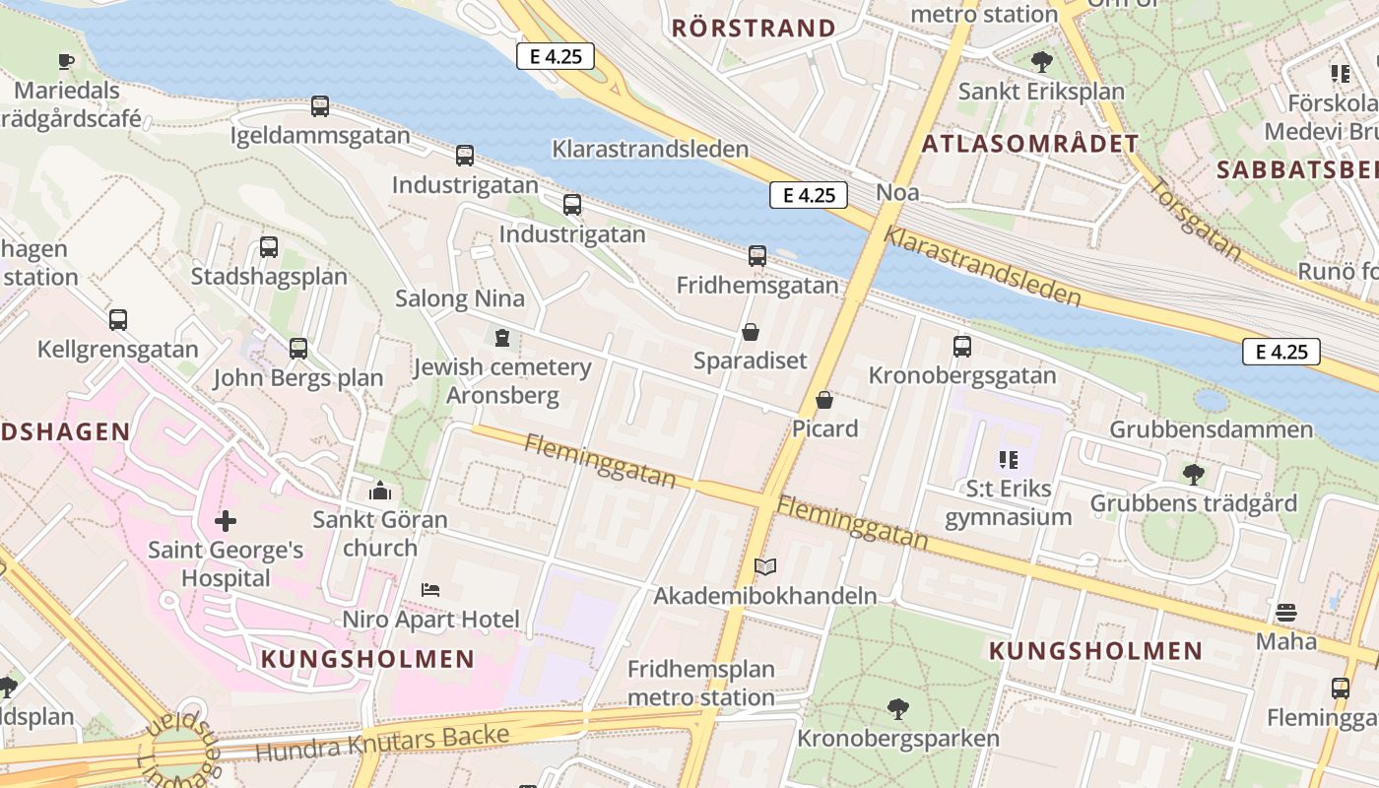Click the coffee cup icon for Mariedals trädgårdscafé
[66, 61]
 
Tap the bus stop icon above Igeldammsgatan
[320, 106]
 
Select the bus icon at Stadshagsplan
[269, 247]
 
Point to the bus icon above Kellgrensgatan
[118, 320]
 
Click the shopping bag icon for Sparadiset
[751, 332]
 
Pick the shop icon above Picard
[824, 400]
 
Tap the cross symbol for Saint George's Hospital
[226, 520]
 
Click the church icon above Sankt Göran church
[380, 491]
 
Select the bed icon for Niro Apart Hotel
[430, 590]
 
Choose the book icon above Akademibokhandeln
[765, 566]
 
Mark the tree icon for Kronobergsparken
[897, 708]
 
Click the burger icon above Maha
[1285, 613]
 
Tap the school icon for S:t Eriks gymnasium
[1008, 459]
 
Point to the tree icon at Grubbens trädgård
[1193, 474]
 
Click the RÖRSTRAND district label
[754, 28]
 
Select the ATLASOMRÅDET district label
[1030, 144]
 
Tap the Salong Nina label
[460, 298]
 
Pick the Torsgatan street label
[1196, 219]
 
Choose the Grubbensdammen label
[1211, 429]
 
